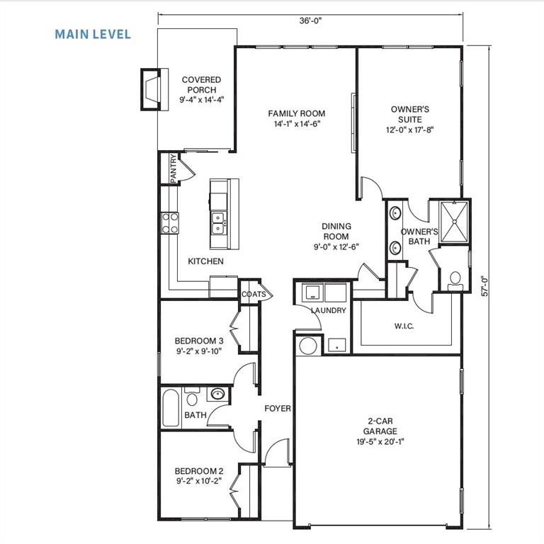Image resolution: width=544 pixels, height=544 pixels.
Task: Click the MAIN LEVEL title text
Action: click(93, 34)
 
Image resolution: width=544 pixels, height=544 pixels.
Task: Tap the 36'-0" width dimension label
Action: click(310, 21)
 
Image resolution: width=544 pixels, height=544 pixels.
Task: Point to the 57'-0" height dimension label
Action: click(484, 279)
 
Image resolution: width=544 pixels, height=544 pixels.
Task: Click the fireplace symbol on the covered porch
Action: click(151, 89)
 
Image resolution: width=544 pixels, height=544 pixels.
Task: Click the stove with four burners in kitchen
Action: click(170, 223)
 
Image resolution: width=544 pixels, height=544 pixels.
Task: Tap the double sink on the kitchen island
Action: click(218, 223)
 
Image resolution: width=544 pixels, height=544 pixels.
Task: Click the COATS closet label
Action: click(253, 294)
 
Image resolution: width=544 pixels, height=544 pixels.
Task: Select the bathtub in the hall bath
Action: click(170, 407)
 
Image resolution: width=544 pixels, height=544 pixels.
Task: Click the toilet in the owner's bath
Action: click(455, 279)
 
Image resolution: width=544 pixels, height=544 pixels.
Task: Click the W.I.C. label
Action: click(403, 327)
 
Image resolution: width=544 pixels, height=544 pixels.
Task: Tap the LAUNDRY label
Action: click(328, 310)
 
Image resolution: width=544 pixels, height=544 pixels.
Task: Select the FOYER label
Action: click(278, 409)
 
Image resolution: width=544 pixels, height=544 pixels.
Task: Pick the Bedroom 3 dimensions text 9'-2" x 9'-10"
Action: click(198, 351)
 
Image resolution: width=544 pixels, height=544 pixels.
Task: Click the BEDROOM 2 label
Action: click(199, 471)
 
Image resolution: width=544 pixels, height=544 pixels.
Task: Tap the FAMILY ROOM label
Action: click(296, 113)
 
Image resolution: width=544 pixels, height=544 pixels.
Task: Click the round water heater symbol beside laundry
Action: click(309, 346)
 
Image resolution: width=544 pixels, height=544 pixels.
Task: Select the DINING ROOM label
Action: click(336, 232)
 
